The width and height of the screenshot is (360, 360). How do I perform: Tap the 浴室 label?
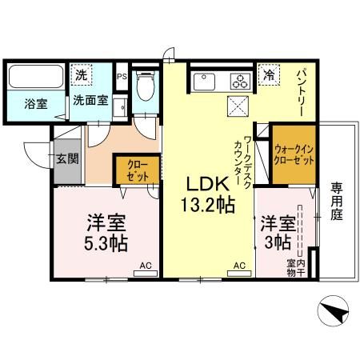pyautogui.click(x=34, y=103)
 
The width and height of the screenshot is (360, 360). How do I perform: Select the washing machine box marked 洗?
pyautogui.click(x=81, y=74)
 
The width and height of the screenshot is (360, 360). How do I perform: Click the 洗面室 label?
pyautogui.click(x=91, y=102)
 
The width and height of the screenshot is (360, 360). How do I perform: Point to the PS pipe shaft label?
pyautogui.click(x=122, y=77)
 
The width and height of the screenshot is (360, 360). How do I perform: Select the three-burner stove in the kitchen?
pyautogui.click(x=239, y=80)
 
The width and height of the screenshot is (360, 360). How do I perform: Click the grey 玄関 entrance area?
pyautogui.click(x=66, y=158)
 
